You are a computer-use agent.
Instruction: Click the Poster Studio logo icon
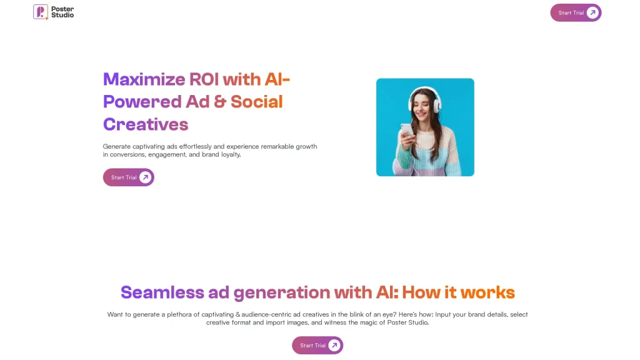pyautogui.click(x=41, y=12)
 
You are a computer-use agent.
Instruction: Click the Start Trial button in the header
pyautogui.click(x=576, y=12)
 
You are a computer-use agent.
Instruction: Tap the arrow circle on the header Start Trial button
pyautogui.click(x=592, y=12)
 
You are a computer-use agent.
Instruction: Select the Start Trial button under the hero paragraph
pyautogui.click(x=129, y=177)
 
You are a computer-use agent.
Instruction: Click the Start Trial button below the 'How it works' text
pyautogui.click(x=317, y=345)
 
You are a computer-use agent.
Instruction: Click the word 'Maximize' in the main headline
pyautogui.click(x=144, y=79)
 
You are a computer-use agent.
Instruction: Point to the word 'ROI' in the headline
pyautogui.click(x=204, y=79)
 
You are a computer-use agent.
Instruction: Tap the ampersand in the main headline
pyautogui.click(x=219, y=102)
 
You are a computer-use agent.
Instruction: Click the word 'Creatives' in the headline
pyautogui.click(x=146, y=124)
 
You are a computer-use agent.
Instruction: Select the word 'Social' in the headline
pyautogui.click(x=257, y=102)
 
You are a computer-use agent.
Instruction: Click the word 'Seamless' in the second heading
pyautogui.click(x=162, y=292)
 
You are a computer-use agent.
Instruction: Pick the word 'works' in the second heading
pyautogui.click(x=487, y=292)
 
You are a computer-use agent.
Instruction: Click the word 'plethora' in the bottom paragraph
pyautogui.click(x=179, y=315)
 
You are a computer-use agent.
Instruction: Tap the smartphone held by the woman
pyautogui.click(x=407, y=130)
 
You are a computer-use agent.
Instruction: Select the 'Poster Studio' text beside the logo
pyautogui.click(x=62, y=12)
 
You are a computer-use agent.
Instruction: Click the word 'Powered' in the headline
pyautogui.click(x=142, y=102)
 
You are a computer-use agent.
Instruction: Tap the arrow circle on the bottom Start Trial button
pyautogui.click(x=334, y=345)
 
